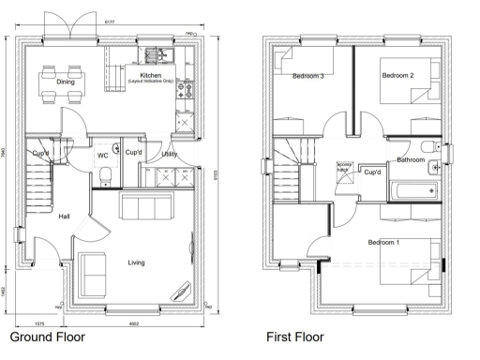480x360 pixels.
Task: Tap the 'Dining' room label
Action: pos(66,82)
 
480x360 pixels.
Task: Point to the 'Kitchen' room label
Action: pos(152,75)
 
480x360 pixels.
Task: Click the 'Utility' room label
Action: pos(170,153)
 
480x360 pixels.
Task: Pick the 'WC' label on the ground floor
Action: pos(103,156)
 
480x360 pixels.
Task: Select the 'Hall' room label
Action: pos(64,217)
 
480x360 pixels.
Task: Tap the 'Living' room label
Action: pos(137,262)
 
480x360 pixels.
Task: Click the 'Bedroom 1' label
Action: pos(383,243)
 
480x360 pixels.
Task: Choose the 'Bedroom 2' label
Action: pos(398,74)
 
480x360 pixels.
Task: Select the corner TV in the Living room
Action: pos(178,292)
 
